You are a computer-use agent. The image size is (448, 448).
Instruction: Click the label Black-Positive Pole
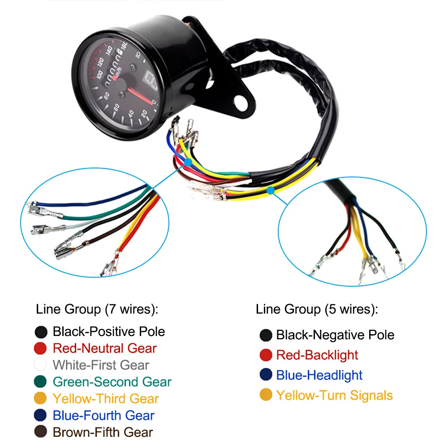(x=109, y=332)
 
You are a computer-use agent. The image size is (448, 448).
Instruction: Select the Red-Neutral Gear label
(x=105, y=349)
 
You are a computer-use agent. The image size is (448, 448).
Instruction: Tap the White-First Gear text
(x=101, y=365)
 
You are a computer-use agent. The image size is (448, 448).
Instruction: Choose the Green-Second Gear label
(x=112, y=382)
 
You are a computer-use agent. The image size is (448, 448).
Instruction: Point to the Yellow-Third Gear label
(x=106, y=399)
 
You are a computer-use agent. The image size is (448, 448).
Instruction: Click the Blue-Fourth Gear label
(x=103, y=416)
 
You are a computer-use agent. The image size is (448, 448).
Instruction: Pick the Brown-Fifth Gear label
(x=103, y=432)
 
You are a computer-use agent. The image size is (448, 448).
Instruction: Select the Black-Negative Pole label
(x=335, y=335)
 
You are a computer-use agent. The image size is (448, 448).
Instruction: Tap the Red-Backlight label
(x=317, y=355)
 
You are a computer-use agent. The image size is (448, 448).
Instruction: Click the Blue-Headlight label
(x=319, y=375)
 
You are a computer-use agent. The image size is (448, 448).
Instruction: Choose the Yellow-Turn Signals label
(x=334, y=396)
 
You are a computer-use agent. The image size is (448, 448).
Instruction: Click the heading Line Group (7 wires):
(x=98, y=309)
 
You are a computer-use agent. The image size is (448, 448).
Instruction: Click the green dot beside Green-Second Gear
(x=41, y=382)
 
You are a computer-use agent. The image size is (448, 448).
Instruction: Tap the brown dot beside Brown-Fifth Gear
(x=41, y=432)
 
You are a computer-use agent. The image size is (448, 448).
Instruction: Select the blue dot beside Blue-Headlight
(x=266, y=375)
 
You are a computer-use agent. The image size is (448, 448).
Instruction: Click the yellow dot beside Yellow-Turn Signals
(x=266, y=396)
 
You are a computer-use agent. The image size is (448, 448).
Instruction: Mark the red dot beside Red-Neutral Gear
(x=41, y=349)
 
